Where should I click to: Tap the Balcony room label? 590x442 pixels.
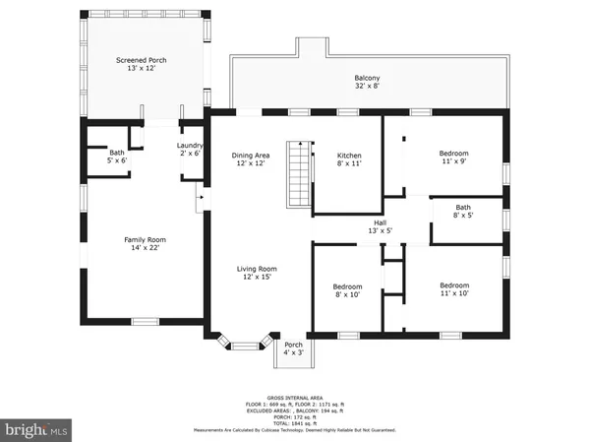(367, 78)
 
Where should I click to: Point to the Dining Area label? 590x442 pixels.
(251, 156)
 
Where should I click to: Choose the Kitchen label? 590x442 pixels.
(350, 156)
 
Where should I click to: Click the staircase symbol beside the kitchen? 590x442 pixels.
(298, 174)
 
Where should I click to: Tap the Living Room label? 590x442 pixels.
(256, 269)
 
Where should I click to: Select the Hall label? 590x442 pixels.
(380, 222)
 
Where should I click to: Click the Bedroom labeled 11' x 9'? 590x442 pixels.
(454, 154)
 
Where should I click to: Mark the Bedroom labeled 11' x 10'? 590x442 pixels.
(454, 285)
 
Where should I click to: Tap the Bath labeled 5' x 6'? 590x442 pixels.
(117, 153)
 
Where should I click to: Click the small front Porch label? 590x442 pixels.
(293, 345)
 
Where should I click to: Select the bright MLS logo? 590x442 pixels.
(37, 429)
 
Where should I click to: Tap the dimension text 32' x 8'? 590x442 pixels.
(367, 87)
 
